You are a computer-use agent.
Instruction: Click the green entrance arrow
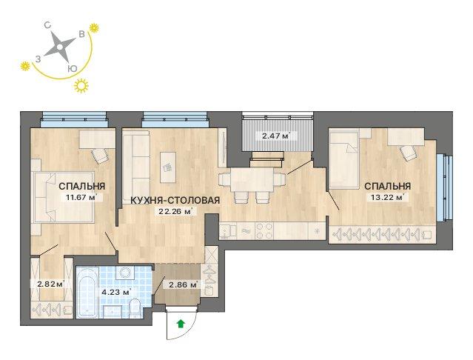click(181, 324)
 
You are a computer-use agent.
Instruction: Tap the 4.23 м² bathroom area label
click(118, 292)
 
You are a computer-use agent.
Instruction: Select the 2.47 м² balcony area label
click(275, 136)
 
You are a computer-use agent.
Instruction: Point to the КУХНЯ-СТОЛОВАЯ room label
click(175, 200)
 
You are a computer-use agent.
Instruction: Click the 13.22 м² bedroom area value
click(387, 198)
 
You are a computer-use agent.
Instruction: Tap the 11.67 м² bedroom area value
click(81, 198)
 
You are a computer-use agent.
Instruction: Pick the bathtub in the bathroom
click(87, 292)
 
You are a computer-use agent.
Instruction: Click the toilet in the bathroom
click(135, 308)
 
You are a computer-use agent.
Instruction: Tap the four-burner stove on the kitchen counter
click(264, 231)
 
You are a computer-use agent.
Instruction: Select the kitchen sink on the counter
click(228, 231)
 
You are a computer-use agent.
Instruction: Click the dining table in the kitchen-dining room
click(252, 180)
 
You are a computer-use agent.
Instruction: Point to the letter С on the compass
click(47, 26)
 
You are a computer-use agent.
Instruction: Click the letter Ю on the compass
click(73, 68)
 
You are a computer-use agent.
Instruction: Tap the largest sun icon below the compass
click(81, 86)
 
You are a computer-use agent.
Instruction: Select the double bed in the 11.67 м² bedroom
click(64, 197)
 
